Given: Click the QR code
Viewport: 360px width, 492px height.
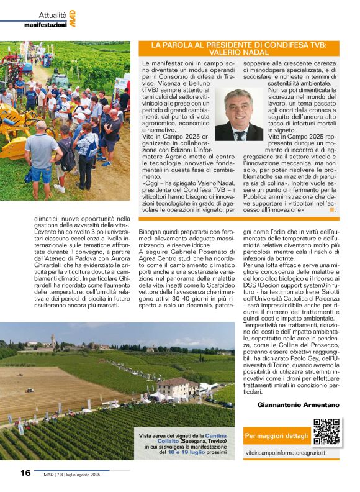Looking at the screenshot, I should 326,432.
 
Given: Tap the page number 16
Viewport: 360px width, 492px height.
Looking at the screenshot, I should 25,473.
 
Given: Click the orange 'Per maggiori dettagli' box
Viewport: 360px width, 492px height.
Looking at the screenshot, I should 277,435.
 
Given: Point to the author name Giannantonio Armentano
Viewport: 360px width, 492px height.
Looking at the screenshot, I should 298,404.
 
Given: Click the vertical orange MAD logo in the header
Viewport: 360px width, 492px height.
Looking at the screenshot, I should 73,19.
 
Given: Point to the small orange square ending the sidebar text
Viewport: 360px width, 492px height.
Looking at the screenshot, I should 332,210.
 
